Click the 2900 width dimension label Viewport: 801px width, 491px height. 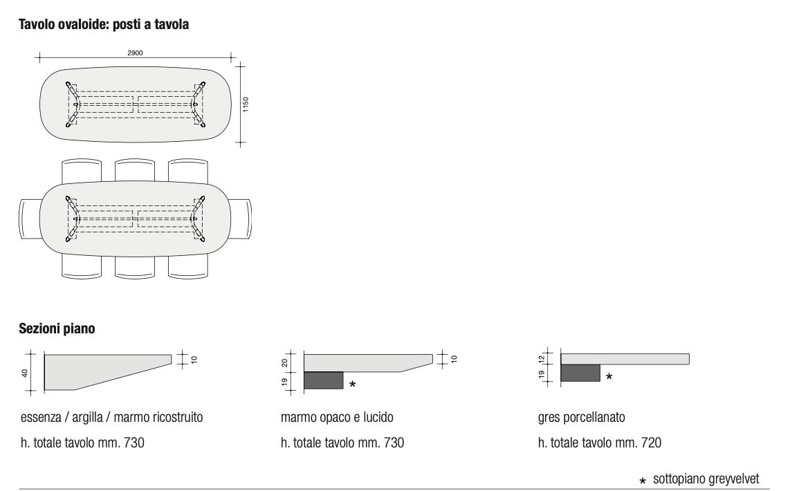pyautogui.click(x=135, y=53)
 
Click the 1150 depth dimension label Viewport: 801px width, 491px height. pyautogui.click(x=246, y=104)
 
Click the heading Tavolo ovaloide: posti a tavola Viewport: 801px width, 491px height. pyautogui.click(x=104, y=24)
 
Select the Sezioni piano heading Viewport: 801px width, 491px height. pyautogui.click(x=57, y=328)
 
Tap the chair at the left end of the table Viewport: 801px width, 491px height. pyautogui.click(x=30, y=218)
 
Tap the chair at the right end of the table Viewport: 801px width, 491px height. pyautogui.click(x=241, y=218)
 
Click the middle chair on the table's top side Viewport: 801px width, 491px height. pyautogui.click(x=135, y=171)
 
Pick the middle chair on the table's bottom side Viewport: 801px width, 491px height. pyautogui.click(x=135, y=267)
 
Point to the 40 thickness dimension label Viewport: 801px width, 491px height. pyautogui.click(x=24, y=373)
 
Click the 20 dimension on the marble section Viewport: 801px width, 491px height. pyautogui.click(x=284, y=363)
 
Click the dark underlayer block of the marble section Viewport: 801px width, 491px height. pyautogui.click(x=324, y=380)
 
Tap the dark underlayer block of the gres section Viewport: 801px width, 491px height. pyautogui.click(x=580, y=373)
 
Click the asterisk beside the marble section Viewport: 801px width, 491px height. pyautogui.click(x=352, y=384)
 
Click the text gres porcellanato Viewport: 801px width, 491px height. pyautogui.click(x=581, y=418)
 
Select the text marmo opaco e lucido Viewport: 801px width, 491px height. pyautogui.click(x=337, y=418)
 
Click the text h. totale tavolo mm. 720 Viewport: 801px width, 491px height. pyautogui.click(x=600, y=443)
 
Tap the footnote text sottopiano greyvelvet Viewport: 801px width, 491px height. pyautogui.click(x=706, y=479)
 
